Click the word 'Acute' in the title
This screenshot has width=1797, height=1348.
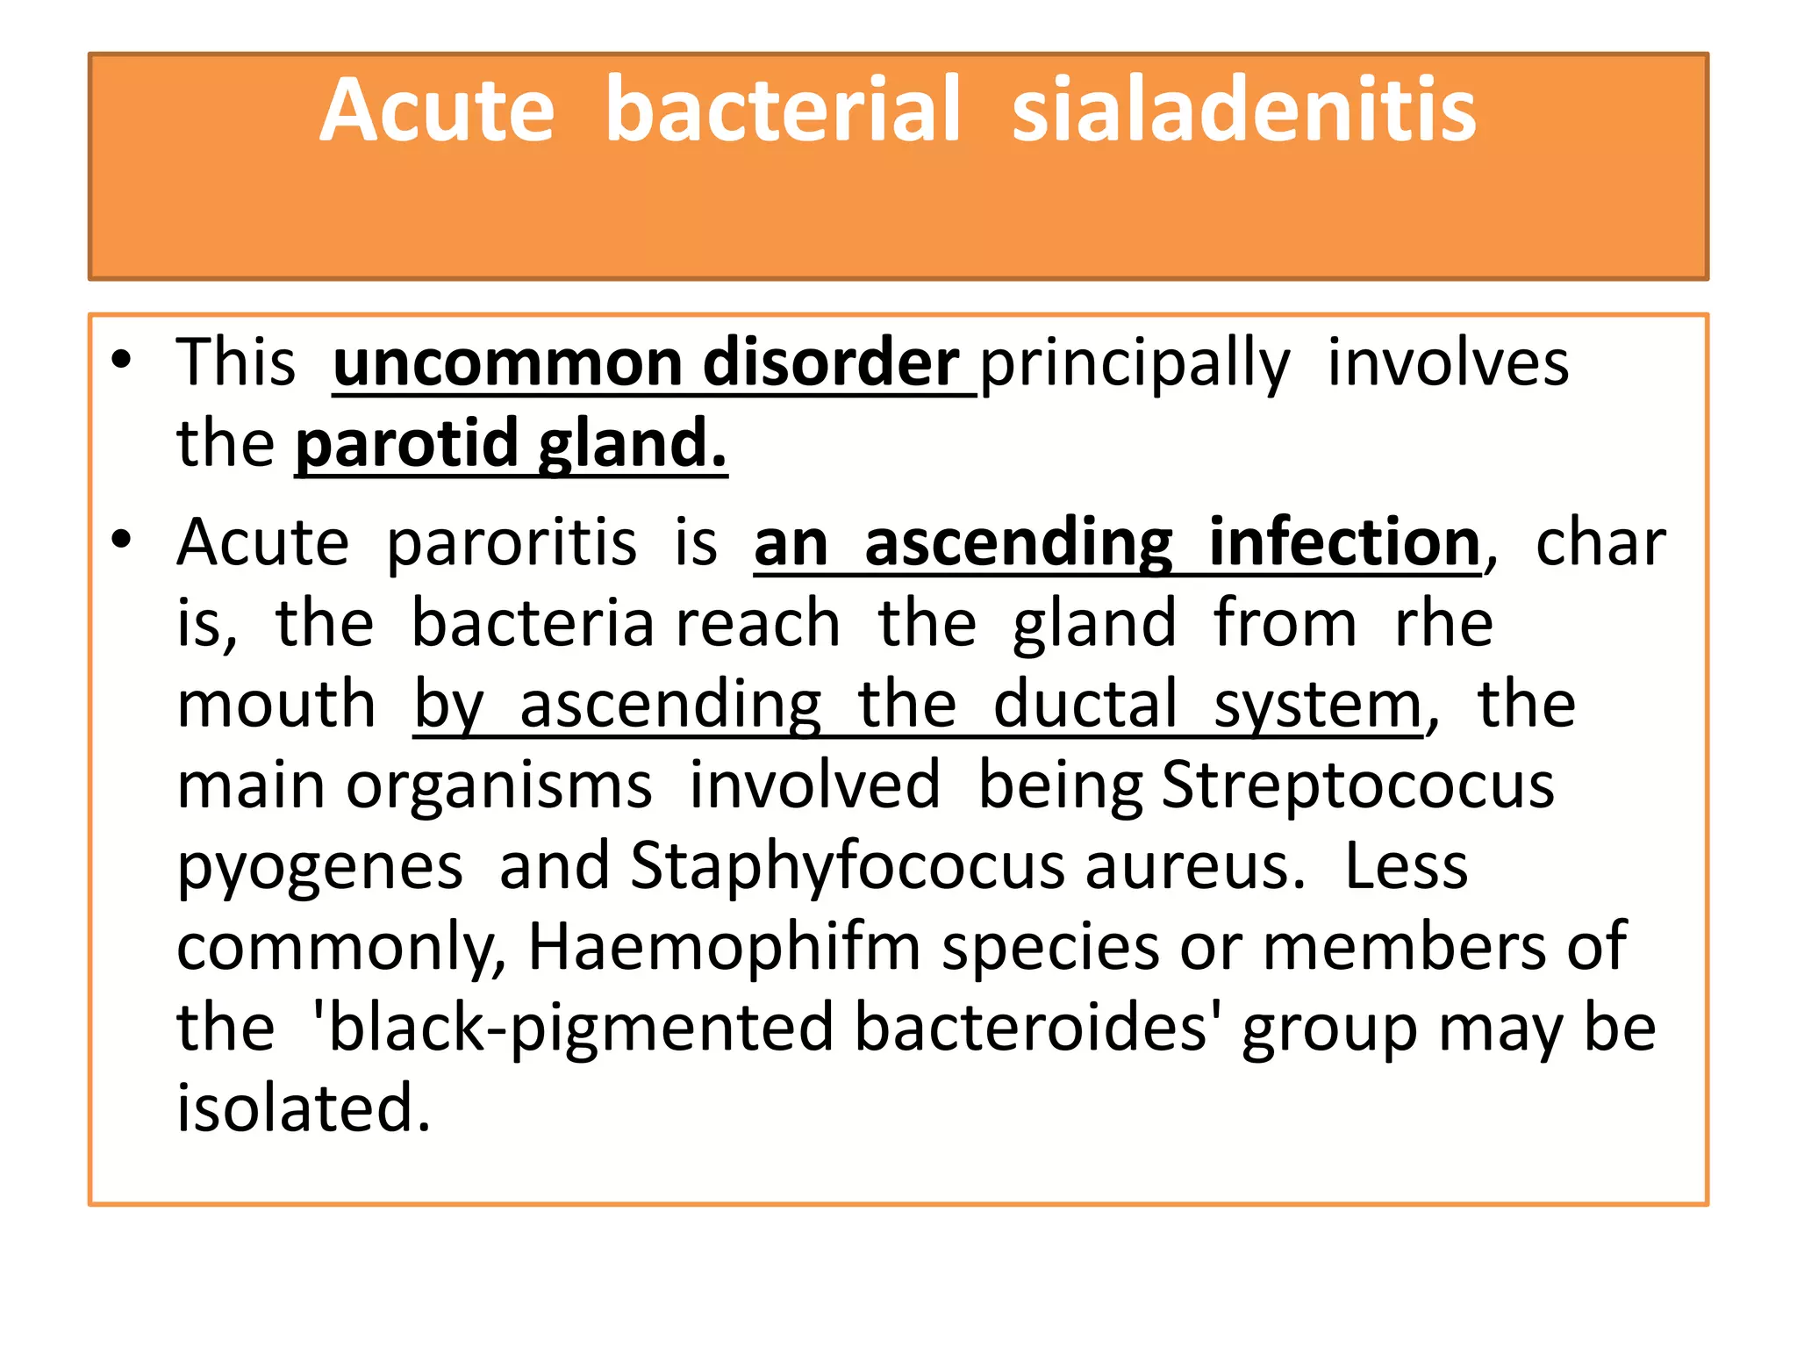point(437,111)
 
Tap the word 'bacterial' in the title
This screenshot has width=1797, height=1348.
point(783,111)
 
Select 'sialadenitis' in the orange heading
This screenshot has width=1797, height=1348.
point(1244,111)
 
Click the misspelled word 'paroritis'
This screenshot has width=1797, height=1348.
point(512,542)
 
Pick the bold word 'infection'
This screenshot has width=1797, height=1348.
point(1345,542)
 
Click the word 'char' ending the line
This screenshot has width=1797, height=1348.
point(1600,542)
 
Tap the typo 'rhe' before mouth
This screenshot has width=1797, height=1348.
point(1443,623)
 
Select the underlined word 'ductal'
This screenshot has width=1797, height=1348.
point(1085,704)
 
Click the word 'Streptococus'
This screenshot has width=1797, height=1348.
point(1357,785)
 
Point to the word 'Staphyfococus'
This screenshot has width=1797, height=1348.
point(847,865)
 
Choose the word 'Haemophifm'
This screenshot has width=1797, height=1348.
point(724,946)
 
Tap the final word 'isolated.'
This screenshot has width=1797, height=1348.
point(304,1108)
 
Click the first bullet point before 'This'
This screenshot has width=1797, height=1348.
point(121,360)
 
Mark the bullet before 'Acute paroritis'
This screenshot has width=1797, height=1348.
point(121,539)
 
